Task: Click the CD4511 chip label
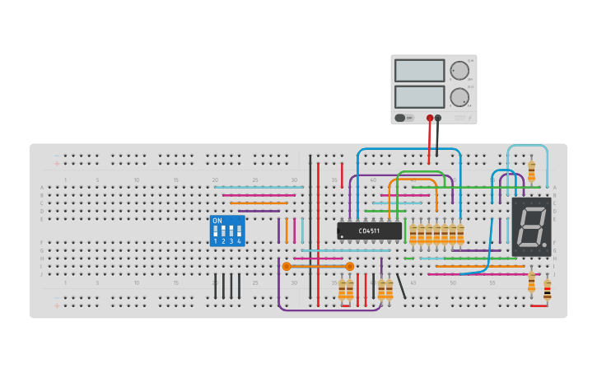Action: coord(370,231)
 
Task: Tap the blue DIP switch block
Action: coord(227,231)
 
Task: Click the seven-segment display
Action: coord(531,226)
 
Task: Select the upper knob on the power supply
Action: coord(459,70)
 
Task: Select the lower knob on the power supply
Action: coord(459,97)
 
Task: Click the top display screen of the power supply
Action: coord(419,71)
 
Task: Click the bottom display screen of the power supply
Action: coord(419,97)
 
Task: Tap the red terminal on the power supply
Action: coord(430,118)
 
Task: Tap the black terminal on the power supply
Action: coord(438,118)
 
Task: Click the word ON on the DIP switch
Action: coord(217,221)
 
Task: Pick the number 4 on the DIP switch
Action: coord(240,241)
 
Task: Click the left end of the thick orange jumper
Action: coord(287,266)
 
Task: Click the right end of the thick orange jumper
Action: coord(350,266)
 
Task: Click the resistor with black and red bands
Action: coord(548,288)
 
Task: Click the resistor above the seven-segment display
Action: coord(531,171)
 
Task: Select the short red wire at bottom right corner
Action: coord(539,305)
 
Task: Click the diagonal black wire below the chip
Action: coord(401,286)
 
